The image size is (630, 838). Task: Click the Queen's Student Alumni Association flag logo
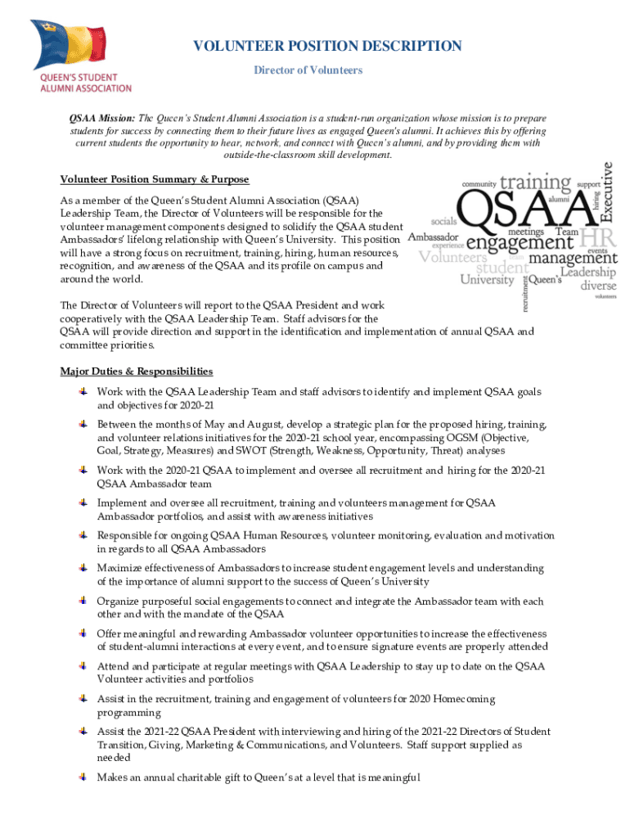tap(80, 56)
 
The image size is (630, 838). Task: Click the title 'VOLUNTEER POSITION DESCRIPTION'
tap(327, 47)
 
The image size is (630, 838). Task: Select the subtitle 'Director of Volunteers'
tap(308, 70)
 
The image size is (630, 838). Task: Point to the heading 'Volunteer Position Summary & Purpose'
tap(155, 179)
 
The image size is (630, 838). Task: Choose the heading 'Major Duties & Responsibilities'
tap(137, 372)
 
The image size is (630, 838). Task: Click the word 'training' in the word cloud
tap(536, 182)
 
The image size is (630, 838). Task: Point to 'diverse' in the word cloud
tap(599, 286)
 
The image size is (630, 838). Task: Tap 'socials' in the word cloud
tap(444, 221)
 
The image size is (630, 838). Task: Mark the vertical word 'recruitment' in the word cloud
tap(524, 291)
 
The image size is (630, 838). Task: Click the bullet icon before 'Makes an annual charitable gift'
tap(83, 777)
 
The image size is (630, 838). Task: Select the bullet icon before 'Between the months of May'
tap(83, 424)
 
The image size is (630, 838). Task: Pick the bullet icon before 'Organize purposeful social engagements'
tap(83, 601)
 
